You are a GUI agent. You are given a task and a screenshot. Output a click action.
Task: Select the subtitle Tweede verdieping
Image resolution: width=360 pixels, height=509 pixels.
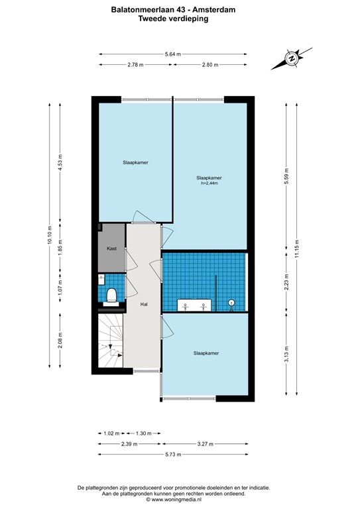(173, 19)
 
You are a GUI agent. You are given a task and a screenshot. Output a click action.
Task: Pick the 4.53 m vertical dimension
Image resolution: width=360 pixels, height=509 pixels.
(60, 162)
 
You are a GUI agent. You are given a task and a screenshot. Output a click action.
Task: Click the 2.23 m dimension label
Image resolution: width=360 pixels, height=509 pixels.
(286, 281)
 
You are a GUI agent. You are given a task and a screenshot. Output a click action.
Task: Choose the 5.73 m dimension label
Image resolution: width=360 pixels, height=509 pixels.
(174, 454)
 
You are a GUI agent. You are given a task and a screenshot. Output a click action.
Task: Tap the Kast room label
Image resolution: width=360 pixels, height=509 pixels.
(111, 249)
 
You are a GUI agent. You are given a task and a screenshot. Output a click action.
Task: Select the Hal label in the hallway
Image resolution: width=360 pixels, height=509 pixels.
(143, 304)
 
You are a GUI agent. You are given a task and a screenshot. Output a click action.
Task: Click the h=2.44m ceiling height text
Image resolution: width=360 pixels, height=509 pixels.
(209, 184)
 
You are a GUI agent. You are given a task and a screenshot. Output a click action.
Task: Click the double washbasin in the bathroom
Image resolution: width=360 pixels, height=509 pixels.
(194, 306)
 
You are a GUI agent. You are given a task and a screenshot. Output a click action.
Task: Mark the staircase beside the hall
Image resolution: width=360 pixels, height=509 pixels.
(111, 341)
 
